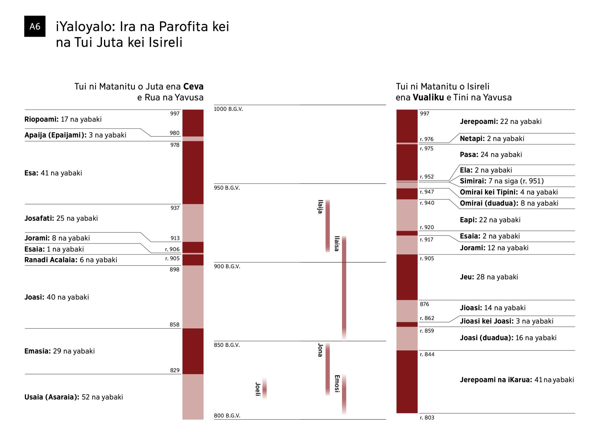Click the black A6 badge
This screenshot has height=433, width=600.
click(x=35, y=26)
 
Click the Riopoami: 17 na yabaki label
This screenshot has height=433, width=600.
click(x=63, y=119)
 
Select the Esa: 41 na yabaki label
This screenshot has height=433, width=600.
click(x=53, y=173)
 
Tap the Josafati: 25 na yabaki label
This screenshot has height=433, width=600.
click(x=61, y=218)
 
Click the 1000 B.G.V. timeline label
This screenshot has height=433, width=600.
click(x=228, y=109)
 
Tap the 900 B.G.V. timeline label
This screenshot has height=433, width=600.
click(x=227, y=266)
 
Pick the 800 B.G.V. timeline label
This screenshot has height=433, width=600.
click(x=227, y=416)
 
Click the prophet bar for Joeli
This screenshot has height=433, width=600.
click(x=264, y=388)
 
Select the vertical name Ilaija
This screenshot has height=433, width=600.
click(x=320, y=207)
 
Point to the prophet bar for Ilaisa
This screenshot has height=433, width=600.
click(x=344, y=288)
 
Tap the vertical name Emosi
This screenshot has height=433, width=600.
click(x=337, y=384)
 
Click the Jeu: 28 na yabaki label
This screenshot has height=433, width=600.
click(x=489, y=277)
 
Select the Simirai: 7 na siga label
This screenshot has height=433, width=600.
click(x=502, y=181)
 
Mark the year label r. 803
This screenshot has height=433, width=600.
click(x=427, y=418)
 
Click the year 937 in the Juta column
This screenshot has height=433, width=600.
click(x=175, y=208)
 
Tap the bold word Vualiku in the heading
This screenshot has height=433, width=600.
click(x=428, y=98)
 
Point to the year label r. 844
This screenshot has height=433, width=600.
click(x=427, y=354)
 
